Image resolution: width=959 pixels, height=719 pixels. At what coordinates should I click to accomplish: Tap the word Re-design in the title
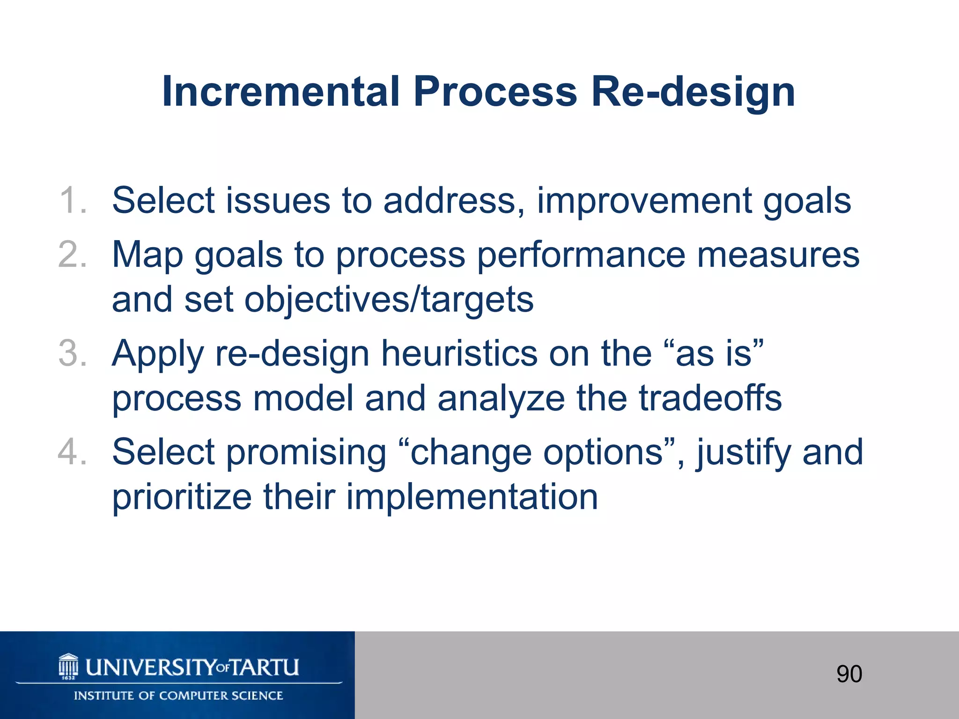click(693, 93)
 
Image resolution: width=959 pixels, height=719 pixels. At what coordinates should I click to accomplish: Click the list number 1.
click(73, 201)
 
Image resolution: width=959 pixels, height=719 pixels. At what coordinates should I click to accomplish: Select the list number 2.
click(73, 255)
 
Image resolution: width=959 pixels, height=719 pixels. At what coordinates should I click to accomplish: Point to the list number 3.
click(73, 353)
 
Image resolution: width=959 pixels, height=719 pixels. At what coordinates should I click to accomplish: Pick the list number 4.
click(73, 452)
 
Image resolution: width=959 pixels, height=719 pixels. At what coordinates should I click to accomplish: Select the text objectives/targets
click(389, 300)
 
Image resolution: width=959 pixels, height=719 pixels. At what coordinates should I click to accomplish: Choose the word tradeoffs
click(710, 398)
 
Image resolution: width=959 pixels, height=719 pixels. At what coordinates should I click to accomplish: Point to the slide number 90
click(849, 674)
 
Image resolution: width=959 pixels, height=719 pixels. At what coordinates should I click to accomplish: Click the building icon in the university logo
click(68, 667)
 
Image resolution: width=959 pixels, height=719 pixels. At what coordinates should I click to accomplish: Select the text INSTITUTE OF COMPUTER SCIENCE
click(178, 696)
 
